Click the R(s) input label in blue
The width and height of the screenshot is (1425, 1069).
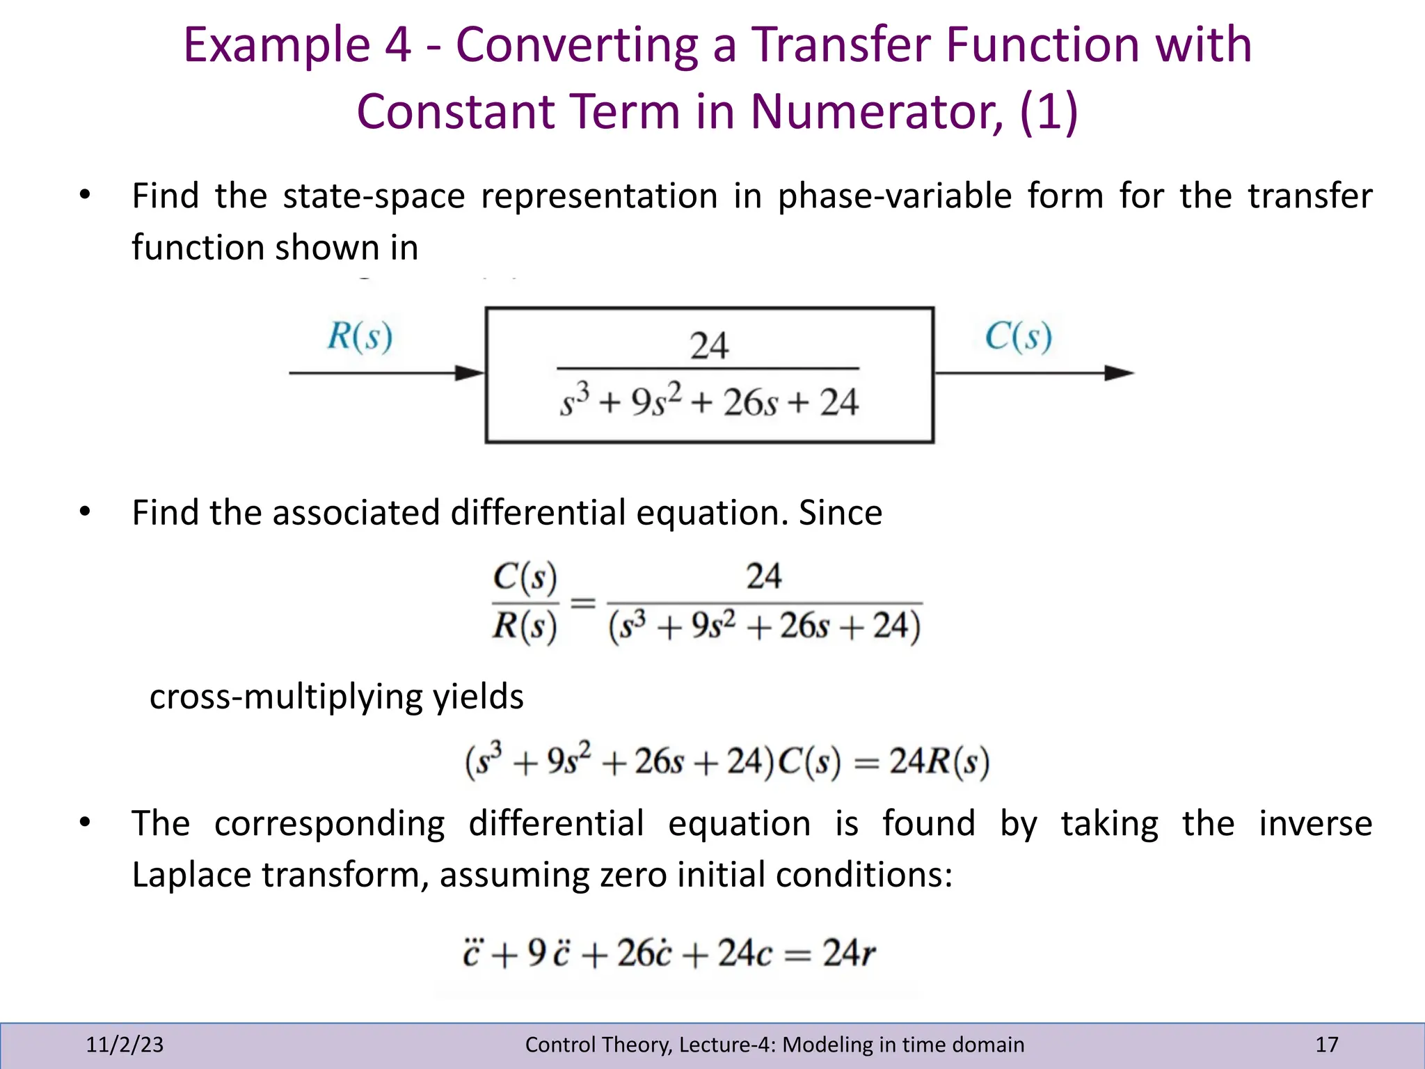click(x=360, y=336)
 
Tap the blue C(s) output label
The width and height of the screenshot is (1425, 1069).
click(x=1018, y=337)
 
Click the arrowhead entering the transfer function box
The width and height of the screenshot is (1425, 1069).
click(x=470, y=373)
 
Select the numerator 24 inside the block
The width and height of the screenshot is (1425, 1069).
click(x=709, y=346)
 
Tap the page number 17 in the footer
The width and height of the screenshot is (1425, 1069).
click(x=1326, y=1045)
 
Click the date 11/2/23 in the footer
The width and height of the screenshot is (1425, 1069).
click(x=125, y=1045)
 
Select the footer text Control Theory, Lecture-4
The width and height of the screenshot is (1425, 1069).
click(x=774, y=1045)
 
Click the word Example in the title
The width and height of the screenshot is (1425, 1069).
click(x=276, y=45)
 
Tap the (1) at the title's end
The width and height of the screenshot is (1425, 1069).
click(x=1049, y=111)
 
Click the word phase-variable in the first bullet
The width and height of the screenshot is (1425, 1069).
click(x=895, y=196)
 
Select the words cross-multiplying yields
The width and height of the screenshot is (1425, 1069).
click(x=337, y=697)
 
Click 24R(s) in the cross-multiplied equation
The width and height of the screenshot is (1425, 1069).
click(x=939, y=762)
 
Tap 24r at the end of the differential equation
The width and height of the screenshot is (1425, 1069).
click(x=849, y=953)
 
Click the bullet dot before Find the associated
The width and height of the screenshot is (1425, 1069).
click(x=85, y=512)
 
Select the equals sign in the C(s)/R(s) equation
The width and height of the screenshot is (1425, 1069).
click(x=583, y=602)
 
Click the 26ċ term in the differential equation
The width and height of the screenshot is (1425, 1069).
click(x=644, y=953)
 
